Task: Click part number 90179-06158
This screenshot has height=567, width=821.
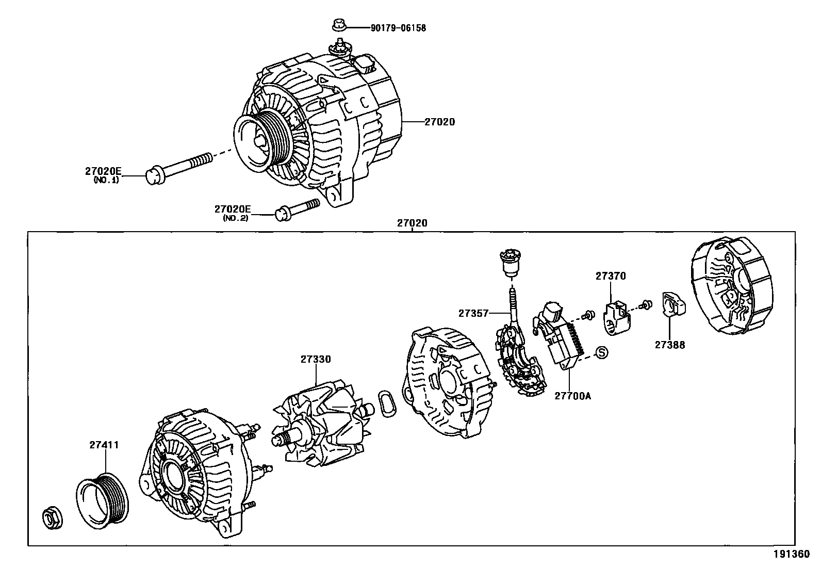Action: [x=398, y=28]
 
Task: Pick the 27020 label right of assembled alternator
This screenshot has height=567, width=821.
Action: [x=440, y=122]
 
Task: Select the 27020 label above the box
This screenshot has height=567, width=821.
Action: [x=412, y=223]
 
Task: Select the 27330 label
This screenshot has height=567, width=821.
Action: [x=316, y=359]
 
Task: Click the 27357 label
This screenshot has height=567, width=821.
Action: [x=473, y=313]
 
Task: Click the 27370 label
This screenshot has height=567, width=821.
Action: [x=611, y=276]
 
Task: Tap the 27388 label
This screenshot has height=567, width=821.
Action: [x=670, y=345]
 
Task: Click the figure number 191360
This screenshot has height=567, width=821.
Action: [x=791, y=555]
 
